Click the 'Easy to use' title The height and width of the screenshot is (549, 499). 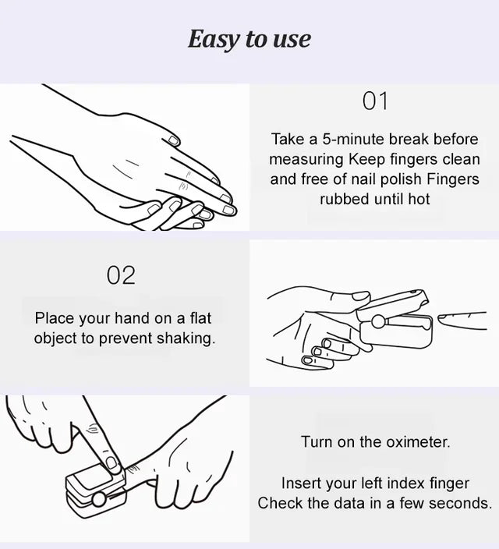249,39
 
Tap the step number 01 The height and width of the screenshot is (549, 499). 375,101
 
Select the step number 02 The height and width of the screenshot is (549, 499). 121,275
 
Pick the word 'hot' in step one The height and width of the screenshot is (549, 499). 419,199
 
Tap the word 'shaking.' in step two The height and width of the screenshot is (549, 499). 186,338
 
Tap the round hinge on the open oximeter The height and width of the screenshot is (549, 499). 378,321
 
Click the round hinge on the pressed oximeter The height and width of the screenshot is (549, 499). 99,499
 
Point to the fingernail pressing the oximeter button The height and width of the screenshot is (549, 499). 111,463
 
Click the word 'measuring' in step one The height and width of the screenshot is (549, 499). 306,160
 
